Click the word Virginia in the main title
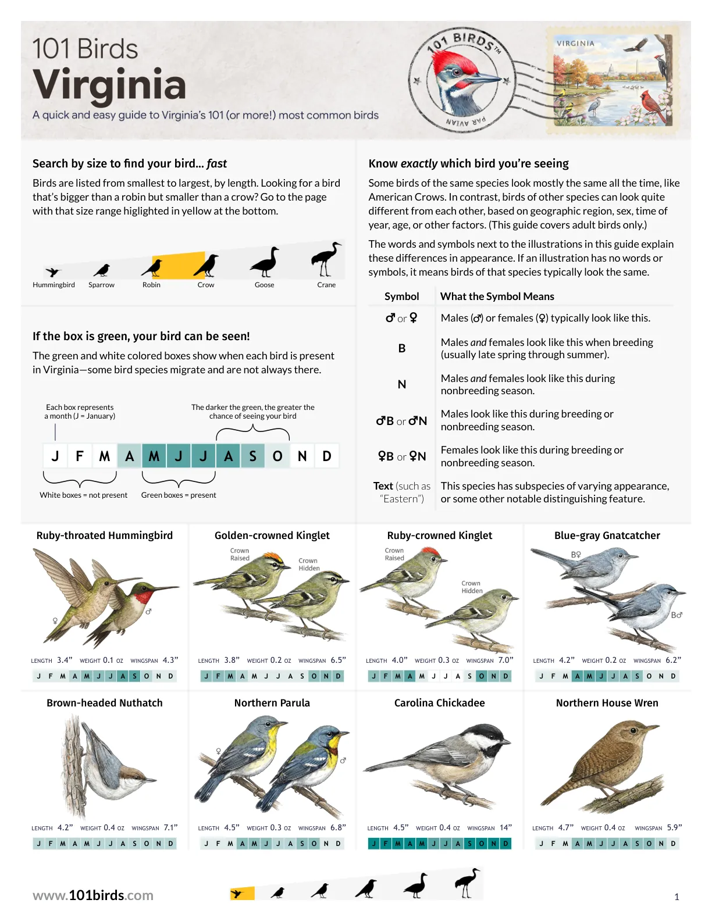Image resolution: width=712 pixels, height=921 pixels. pos(109,85)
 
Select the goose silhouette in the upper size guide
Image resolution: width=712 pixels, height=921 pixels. pos(265,262)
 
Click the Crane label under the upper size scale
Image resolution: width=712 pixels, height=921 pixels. pos(326,285)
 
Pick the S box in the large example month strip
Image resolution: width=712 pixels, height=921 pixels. pos(252,456)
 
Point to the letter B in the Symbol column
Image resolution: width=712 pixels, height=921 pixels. pos(401,348)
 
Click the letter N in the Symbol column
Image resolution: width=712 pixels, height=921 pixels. pos(401,384)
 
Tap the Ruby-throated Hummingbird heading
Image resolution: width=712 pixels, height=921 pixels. pos(104,536)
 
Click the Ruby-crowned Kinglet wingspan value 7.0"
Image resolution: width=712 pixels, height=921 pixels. pos(505,660)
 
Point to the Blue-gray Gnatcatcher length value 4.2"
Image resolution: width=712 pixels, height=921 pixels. pos(567,660)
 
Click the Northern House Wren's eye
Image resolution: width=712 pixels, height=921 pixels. pos(633,731)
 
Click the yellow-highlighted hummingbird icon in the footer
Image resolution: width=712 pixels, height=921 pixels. pos(242,893)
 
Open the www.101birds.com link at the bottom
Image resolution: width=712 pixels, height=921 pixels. pos(93,895)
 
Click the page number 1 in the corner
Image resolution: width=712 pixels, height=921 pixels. pos(677,897)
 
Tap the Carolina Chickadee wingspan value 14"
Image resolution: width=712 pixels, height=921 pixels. pos(505,827)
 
